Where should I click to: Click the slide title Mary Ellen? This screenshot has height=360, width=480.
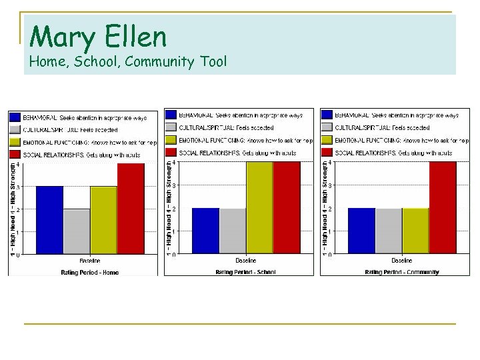[98, 36]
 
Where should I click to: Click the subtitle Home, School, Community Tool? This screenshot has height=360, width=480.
[128, 62]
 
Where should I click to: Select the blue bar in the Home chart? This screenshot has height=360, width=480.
[49, 220]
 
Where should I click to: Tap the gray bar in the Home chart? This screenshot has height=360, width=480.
[77, 231]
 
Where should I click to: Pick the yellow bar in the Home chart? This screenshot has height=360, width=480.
[103, 220]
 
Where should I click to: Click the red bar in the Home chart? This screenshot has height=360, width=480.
[131, 209]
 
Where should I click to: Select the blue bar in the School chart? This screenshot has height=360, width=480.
[205, 231]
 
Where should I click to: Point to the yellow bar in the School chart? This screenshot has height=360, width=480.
[259, 207]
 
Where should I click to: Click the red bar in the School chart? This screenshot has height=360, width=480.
[287, 207]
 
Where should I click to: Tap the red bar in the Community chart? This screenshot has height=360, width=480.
[443, 207]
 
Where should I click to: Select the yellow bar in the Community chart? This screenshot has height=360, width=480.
[415, 231]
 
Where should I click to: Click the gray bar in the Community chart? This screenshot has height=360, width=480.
[389, 231]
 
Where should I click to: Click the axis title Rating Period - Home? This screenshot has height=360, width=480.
[89, 272]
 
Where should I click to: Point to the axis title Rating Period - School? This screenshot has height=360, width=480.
[245, 272]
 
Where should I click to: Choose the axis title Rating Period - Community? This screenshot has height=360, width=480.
[402, 272]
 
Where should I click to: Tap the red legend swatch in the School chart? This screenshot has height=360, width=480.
[172, 152]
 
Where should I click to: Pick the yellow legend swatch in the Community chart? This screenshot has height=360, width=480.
[327, 140]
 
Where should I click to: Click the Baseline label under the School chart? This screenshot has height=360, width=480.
[245, 260]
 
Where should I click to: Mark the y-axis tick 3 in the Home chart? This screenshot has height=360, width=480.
[18, 187]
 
